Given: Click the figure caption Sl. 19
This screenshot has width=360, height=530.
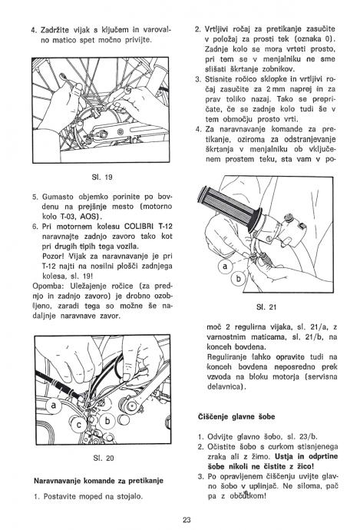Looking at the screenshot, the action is (x=101, y=177).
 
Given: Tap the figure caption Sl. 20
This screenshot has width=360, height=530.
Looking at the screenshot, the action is (x=104, y=459).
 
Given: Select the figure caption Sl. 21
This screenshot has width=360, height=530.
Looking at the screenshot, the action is (x=266, y=307).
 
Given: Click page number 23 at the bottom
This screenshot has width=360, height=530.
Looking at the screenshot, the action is (x=187, y=520).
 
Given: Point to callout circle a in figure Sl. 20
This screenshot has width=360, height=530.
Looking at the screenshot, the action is (x=54, y=405).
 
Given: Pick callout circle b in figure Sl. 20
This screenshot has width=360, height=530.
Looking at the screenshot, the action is (x=107, y=421).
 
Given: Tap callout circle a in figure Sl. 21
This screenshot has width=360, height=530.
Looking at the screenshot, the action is (x=226, y=267).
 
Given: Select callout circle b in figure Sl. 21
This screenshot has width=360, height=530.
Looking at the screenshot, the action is (x=239, y=279).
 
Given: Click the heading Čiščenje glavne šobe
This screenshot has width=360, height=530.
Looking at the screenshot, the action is (x=236, y=417).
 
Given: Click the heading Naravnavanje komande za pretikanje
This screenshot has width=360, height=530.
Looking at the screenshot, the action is (x=98, y=481).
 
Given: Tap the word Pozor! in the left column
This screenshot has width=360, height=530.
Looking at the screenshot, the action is (x=54, y=256).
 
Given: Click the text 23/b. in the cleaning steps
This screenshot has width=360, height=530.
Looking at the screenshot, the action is (x=308, y=436).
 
